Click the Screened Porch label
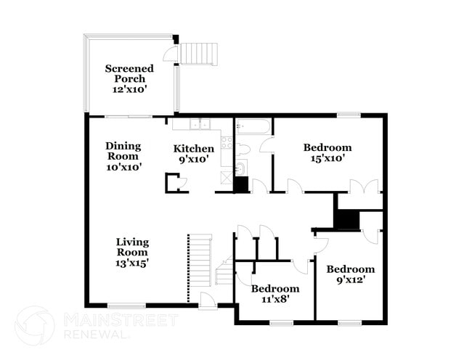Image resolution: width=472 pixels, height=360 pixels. pos(129,78)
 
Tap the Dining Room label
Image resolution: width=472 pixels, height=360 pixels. pos(123,156)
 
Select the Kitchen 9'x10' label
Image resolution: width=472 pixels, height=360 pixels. pos(193,154)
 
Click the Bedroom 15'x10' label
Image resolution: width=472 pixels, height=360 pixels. pos(327,152)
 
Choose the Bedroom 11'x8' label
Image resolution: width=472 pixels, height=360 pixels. pos(275,293)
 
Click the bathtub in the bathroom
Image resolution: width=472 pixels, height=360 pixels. pos(253,127)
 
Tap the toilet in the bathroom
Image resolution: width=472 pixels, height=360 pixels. pos(244,149)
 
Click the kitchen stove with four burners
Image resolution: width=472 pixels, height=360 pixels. pos(227,142)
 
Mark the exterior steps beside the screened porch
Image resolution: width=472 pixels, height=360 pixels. pos(198,53)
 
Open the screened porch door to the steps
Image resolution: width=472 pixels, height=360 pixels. pos(171,54)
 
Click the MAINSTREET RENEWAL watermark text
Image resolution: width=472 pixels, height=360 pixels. pos(120,326)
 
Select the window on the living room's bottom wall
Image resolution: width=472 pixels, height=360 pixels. pos(127,306)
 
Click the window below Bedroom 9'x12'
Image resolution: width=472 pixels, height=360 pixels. pos(349,322)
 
